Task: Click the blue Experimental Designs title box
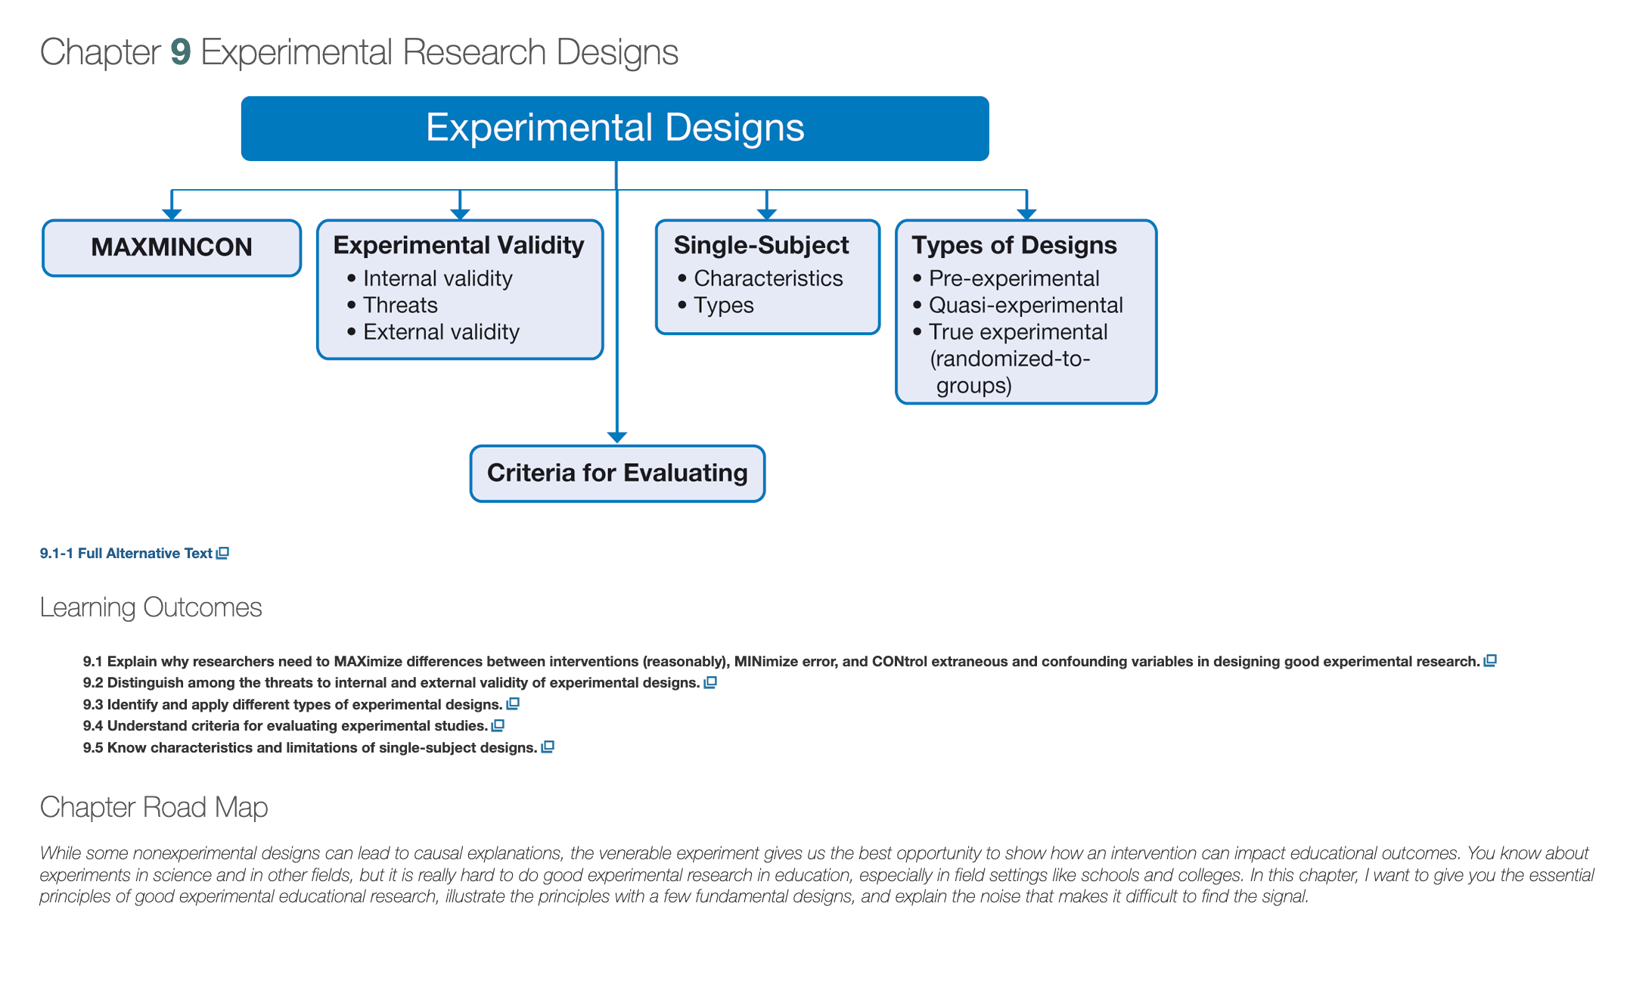coord(615,128)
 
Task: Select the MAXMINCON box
coord(172,248)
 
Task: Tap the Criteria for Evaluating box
coord(617,473)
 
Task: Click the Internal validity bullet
coord(430,278)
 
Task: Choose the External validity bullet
coord(433,332)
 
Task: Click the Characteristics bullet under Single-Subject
coord(760,278)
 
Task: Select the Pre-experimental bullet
coord(1006,278)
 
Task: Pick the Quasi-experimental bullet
coord(1018,305)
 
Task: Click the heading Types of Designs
coord(1014,245)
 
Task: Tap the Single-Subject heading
coord(761,245)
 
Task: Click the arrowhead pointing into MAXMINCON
coord(172,214)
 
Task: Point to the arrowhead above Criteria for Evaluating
coord(617,437)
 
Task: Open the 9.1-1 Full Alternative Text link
coord(134,554)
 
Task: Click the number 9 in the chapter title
coord(180,52)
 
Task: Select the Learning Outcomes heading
coord(151,607)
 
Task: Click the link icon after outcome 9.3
coord(513,704)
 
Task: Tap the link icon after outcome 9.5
coord(548,747)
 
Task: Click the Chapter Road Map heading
coord(154,807)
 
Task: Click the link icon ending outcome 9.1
coord(1490,661)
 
